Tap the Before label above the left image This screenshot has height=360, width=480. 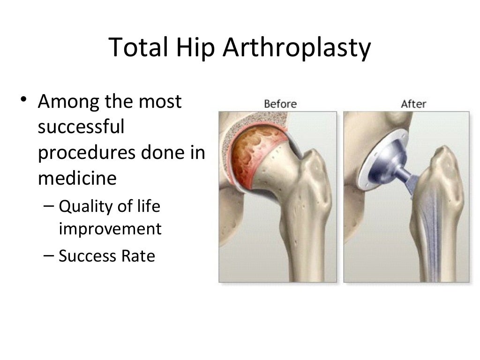pyautogui.click(x=280, y=103)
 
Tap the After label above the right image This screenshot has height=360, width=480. pyautogui.click(x=413, y=103)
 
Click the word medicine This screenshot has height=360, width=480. pyautogui.click(x=77, y=179)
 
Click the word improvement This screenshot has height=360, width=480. pyautogui.click(x=110, y=229)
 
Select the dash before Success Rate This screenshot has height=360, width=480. pyautogui.click(x=51, y=256)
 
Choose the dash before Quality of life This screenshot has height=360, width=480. pyautogui.click(x=51, y=205)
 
